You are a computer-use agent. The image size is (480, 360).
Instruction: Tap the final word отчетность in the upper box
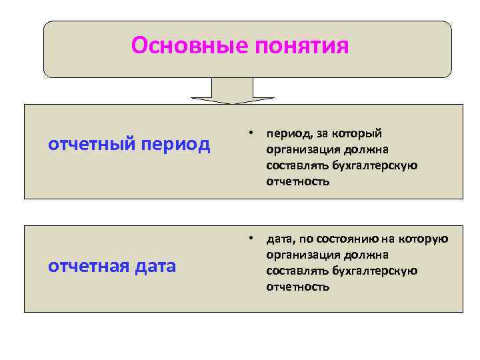tap(297, 181)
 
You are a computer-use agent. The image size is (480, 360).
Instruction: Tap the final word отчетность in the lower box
tap(297, 287)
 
